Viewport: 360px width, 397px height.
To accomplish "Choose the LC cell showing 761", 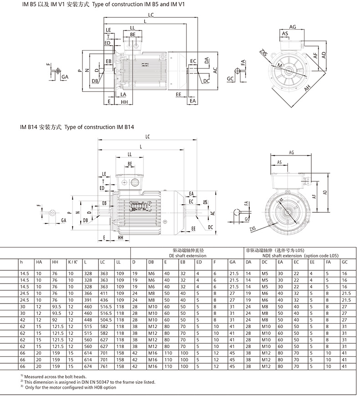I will (x=104, y=366).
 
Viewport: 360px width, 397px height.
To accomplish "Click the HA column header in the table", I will (x=39, y=262).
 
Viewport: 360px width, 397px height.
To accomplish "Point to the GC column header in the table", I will (x=345, y=262).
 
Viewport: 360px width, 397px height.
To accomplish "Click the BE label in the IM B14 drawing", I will (x=130, y=163).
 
